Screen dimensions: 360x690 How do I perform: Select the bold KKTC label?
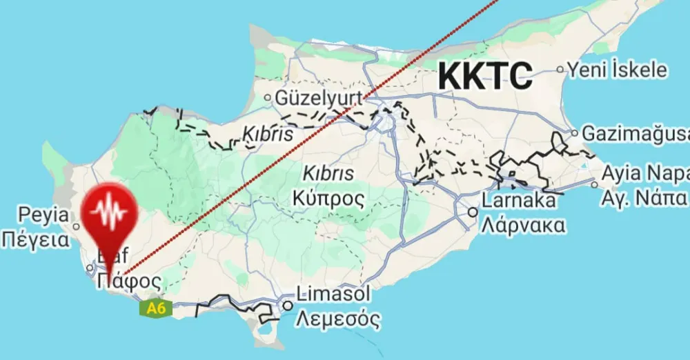[x=486, y=75]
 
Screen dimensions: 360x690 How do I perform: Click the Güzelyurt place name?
[x=319, y=99]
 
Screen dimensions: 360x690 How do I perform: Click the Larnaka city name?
[x=519, y=201]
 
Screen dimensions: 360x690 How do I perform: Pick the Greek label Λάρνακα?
[x=524, y=225]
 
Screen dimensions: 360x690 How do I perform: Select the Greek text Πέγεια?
[x=36, y=240]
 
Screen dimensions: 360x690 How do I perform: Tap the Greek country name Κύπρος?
[x=328, y=198]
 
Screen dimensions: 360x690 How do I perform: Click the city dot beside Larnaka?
[x=473, y=212]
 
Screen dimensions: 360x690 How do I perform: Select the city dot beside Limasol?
[x=287, y=305]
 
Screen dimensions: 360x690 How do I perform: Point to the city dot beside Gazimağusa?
[x=573, y=133]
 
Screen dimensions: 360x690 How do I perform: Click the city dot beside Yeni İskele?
[x=560, y=70]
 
